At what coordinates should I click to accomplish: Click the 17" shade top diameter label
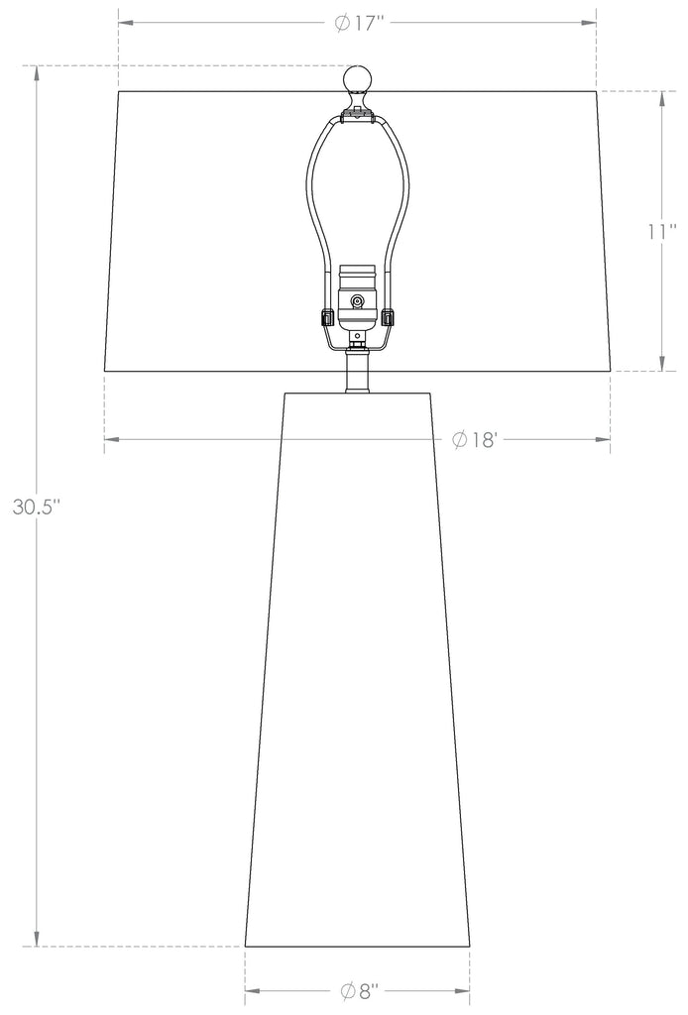pos(361,24)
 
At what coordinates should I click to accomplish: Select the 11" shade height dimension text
pos(662,231)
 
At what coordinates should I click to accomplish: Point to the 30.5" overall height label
pos(37,507)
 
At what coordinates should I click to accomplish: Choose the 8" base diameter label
pos(359,990)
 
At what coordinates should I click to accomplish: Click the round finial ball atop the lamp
pos(357,80)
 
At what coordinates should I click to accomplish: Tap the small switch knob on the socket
pos(357,300)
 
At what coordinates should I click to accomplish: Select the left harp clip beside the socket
pos(327,318)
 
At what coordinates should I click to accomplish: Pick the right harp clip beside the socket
pos(387,318)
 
